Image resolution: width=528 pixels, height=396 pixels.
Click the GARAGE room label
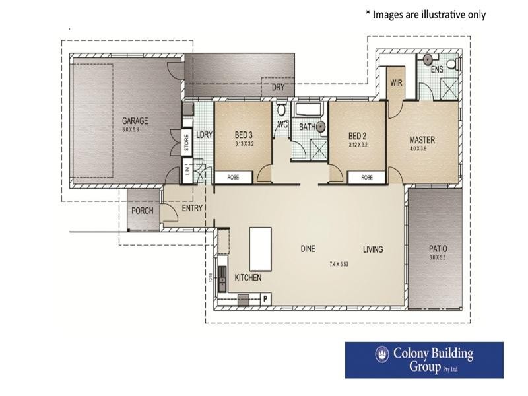click(135, 121)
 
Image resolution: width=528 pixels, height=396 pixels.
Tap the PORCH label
click(142, 211)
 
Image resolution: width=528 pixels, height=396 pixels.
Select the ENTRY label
click(191, 208)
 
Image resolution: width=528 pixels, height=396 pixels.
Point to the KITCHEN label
click(248, 278)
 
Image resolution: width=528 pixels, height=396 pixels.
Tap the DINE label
click(308, 249)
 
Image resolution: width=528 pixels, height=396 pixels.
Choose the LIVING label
click(372, 249)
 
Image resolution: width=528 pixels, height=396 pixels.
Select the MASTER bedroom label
click(422, 140)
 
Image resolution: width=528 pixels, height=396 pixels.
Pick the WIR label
click(397, 83)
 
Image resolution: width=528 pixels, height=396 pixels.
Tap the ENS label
click(436, 69)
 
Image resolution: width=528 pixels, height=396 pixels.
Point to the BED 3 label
click(244, 135)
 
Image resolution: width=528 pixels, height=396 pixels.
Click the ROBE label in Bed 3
click(233, 177)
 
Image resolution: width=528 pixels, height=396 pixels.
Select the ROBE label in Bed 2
click(367, 177)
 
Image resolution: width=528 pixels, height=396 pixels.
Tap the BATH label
click(307, 127)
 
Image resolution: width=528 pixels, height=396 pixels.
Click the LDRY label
click(204, 133)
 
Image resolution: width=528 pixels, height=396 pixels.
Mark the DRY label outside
click(277, 87)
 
